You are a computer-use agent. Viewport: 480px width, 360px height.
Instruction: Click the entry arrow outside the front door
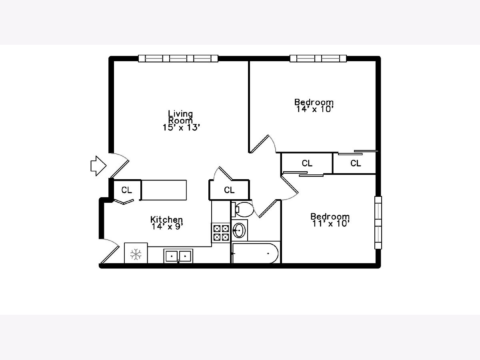(x=98, y=166)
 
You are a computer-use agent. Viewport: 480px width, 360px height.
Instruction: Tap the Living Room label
(x=180, y=117)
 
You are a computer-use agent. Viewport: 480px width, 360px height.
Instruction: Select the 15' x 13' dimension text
(x=181, y=128)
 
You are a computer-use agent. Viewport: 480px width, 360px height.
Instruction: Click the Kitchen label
(x=166, y=220)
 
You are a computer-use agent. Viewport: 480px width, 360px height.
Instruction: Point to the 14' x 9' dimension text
(x=167, y=227)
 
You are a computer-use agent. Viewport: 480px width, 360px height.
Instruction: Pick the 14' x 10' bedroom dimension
(x=314, y=109)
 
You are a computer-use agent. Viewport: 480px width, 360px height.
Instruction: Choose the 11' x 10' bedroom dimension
(x=331, y=224)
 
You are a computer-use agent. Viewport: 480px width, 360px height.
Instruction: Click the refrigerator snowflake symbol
(x=136, y=254)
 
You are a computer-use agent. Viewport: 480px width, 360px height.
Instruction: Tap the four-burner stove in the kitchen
(x=221, y=233)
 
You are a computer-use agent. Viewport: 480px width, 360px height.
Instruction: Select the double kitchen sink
(x=178, y=256)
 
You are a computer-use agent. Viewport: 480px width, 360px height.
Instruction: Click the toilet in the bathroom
(x=242, y=209)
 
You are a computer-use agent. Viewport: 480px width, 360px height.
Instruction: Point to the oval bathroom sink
(x=239, y=230)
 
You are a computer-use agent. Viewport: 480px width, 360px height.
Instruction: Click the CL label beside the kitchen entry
(x=127, y=190)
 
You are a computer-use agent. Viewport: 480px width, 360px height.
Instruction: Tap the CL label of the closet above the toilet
(x=229, y=190)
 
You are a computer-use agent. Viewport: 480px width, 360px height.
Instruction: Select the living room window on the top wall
(x=178, y=58)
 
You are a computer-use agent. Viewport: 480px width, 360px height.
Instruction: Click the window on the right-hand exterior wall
(x=378, y=222)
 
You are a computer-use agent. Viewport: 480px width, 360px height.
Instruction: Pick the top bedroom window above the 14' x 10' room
(x=318, y=58)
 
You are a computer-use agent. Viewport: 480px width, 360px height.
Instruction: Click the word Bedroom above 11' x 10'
(x=330, y=217)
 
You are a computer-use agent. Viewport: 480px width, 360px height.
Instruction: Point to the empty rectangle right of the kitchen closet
(x=164, y=190)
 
